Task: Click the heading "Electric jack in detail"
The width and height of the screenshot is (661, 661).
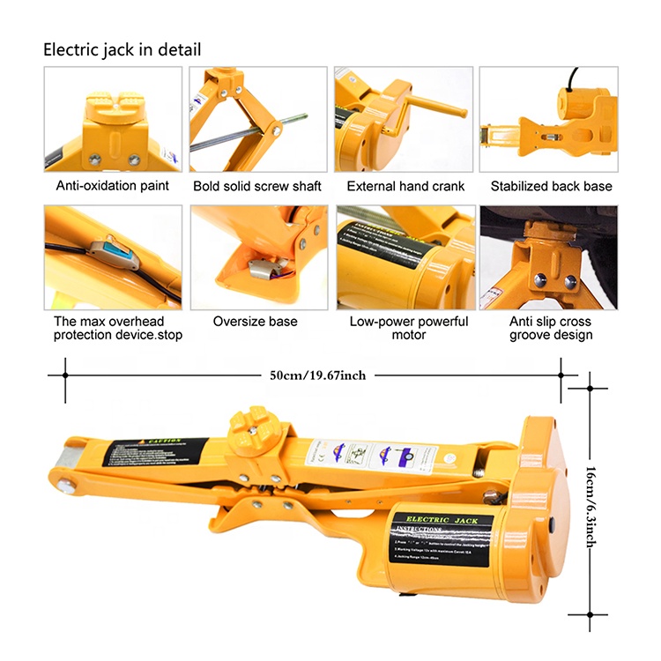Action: tap(123, 49)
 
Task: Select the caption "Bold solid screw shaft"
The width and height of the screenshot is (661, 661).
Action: tap(257, 186)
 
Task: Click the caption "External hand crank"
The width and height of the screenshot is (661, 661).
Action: tap(405, 186)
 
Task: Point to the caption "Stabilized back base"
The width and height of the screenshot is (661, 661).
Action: tap(551, 186)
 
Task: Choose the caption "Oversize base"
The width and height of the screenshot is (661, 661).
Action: tap(256, 322)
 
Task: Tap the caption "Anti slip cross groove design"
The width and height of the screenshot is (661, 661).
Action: tap(551, 328)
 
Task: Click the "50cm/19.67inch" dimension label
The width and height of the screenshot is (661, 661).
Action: tap(318, 375)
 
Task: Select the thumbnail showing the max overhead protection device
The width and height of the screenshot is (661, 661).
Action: tap(113, 256)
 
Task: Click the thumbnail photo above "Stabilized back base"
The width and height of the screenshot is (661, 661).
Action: tap(548, 120)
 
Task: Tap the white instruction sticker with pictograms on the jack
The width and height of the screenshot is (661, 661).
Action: tap(375, 457)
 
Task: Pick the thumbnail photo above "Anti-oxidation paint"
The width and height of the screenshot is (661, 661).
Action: tap(113, 120)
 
